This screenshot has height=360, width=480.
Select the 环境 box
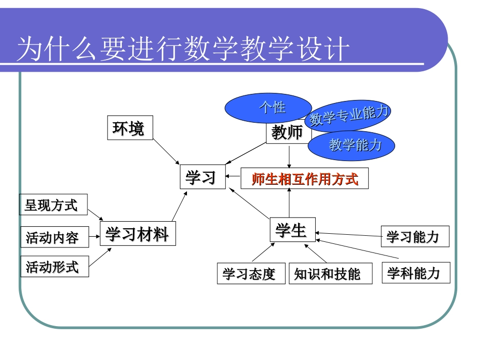(130, 128)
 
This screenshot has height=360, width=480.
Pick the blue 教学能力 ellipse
(352, 145)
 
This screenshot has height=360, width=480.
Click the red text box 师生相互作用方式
(304, 179)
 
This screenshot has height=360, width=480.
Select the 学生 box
(292, 230)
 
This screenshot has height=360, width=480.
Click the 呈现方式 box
(53, 205)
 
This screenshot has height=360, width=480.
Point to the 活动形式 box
(54, 266)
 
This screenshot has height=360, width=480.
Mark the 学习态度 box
(250, 274)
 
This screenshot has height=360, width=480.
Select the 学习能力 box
(415, 236)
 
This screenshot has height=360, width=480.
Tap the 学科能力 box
(415, 273)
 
